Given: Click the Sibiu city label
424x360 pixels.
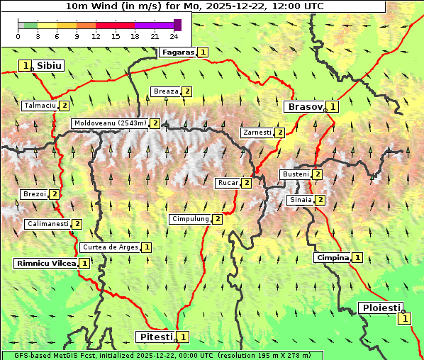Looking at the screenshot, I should (x=50, y=65).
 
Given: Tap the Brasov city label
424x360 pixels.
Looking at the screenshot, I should (x=303, y=107).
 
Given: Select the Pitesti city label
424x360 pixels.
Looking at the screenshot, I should (x=154, y=337).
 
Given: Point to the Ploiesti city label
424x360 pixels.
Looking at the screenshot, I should (x=381, y=308).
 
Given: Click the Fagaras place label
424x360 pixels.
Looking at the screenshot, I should (x=177, y=52).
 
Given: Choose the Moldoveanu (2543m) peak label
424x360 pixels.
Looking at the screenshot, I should (x=110, y=123).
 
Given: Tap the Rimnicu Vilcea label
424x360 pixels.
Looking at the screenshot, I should (x=45, y=263).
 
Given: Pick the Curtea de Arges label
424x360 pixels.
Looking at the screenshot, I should (x=109, y=247).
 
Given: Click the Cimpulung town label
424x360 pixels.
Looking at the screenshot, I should (x=190, y=219).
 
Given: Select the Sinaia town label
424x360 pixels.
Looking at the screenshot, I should (x=300, y=200).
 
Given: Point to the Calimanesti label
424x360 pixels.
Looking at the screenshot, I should (x=48, y=224).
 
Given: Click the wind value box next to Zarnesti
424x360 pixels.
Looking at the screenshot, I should (x=280, y=133).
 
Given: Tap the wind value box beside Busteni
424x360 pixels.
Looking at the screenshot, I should (x=318, y=174).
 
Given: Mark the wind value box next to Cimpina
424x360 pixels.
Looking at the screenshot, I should (x=358, y=258).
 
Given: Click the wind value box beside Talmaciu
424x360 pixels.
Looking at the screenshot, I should (x=64, y=106).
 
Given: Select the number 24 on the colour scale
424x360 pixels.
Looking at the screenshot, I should (x=174, y=36).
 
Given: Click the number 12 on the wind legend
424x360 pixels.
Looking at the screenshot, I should (x=96, y=36).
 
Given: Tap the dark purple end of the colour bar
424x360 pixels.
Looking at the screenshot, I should (x=177, y=25).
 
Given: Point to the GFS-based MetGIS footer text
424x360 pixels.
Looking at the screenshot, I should (x=162, y=355).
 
